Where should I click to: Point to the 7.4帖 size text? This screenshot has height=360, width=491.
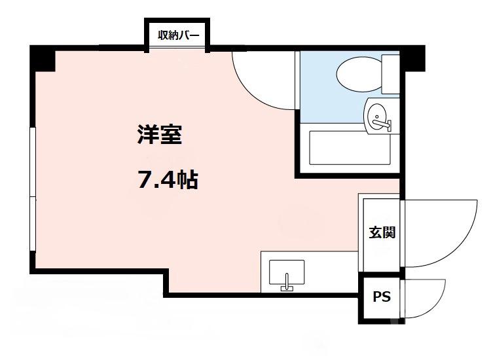tap(168, 179)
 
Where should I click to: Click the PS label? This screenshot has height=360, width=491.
tap(381, 297)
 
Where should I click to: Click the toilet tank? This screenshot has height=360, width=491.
tap(391, 74)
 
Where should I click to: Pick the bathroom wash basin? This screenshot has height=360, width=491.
tap(378, 117)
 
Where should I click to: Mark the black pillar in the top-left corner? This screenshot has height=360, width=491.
tap(43, 60)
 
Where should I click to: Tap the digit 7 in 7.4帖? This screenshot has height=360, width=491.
tap(144, 179)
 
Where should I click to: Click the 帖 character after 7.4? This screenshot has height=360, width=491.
tap(189, 179)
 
